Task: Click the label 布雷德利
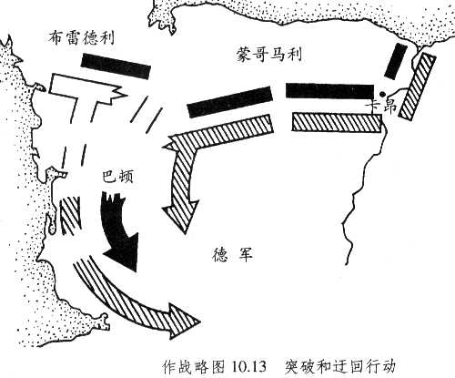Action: (x=81, y=38)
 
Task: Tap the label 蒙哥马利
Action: (x=269, y=55)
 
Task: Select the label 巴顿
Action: (x=117, y=177)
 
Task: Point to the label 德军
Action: (x=233, y=255)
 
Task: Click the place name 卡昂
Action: (x=381, y=107)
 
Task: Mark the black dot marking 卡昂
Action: (x=383, y=94)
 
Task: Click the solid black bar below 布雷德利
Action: (x=116, y=66)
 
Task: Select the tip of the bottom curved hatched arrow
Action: (x=200, y=321)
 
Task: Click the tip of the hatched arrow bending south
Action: (x=184, y=233)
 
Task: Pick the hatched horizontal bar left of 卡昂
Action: (x=337, y=122)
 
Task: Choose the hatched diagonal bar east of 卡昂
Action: (x=418, y=86)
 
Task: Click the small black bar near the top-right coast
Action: (x=396, y=61)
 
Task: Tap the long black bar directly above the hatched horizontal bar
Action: (x=329, y=91)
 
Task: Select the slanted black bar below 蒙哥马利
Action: (x=229, y=102)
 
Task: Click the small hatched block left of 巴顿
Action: (x=70, y=215)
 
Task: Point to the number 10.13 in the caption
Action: (x=248, y=367)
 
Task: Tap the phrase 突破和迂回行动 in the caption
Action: (x=340, y=366)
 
